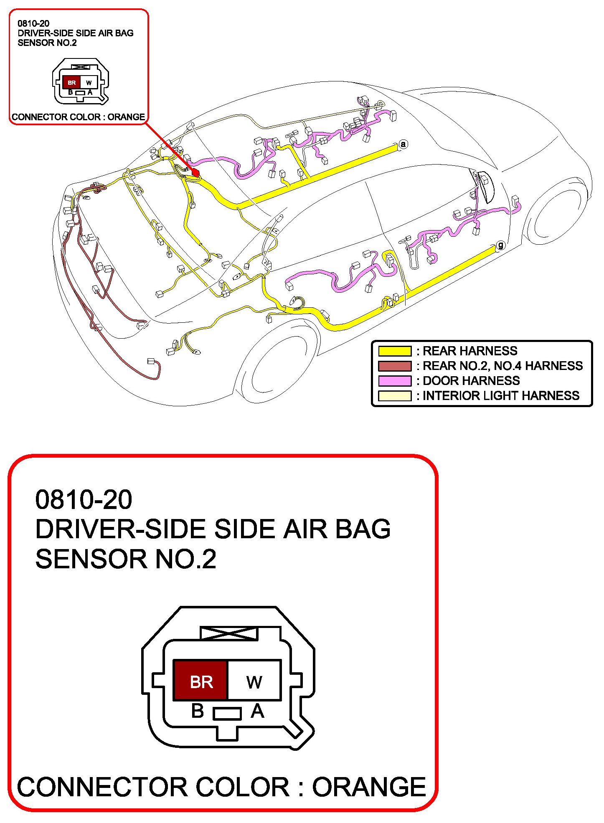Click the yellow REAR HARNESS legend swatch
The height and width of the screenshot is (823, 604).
(x=394, y=351)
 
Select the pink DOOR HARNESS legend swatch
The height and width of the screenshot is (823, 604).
(x=394, y=381)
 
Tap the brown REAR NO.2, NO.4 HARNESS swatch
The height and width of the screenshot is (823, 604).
(x=394, y=366)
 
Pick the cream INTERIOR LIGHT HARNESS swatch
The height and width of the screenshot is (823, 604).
(x=394, y=396)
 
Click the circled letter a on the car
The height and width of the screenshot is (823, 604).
(x=403, y=144)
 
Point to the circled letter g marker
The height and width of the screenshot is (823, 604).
(x=500, y=245)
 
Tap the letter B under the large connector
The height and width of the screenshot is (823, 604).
(x=197, y=711)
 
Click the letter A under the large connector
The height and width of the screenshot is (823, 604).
(x=257, y=711)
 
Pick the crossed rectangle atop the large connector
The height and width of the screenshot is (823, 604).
(x=228, y=633)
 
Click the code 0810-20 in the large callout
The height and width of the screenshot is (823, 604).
(x=84, y=499)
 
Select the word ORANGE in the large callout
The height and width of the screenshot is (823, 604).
(x=369, y=787)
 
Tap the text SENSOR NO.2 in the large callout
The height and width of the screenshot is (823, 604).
(x=126, y=559)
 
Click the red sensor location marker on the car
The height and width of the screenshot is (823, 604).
(x=195, y=172)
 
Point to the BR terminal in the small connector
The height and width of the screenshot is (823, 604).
(x=71, y=82)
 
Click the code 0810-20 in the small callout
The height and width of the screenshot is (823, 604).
(x=33, y=24)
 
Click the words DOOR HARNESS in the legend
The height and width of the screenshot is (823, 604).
(x=471, y=381)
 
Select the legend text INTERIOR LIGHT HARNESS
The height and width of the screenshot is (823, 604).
(x=501, y=396)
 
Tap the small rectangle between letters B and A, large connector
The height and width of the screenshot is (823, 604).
(x=227, y=713)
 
